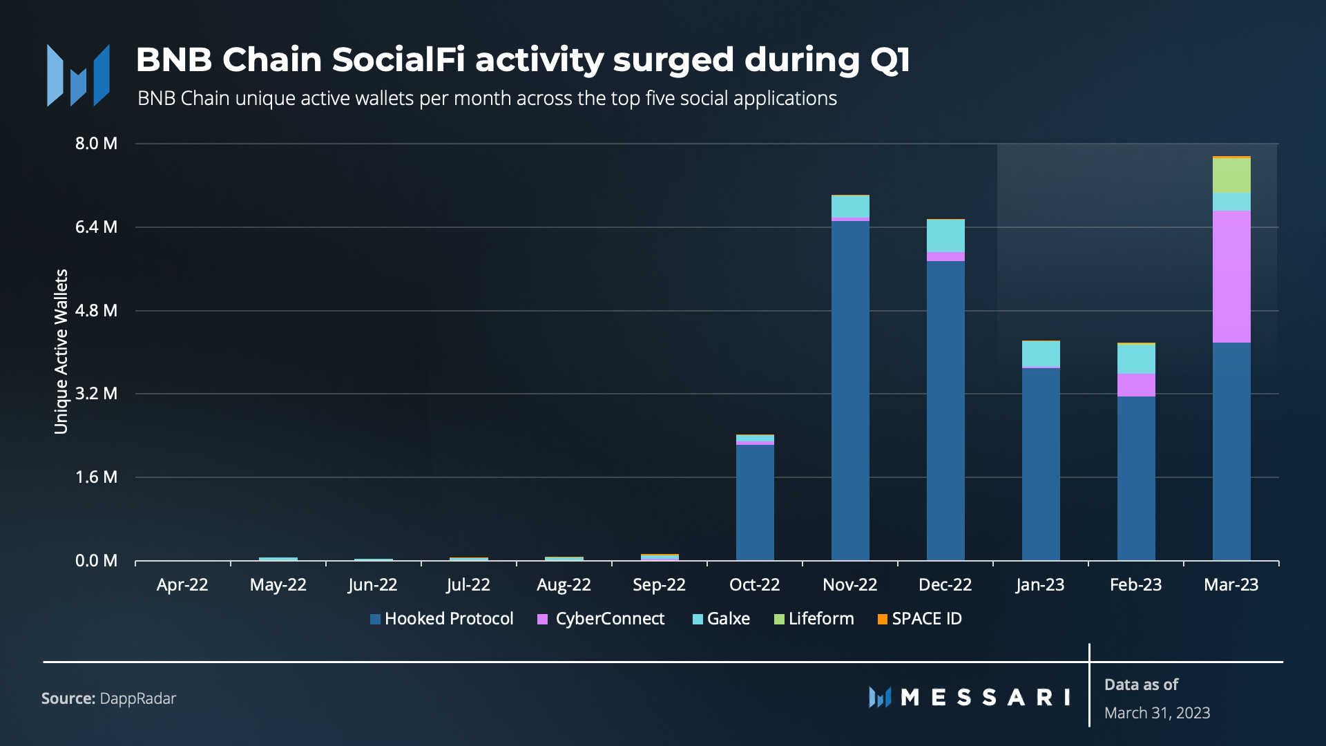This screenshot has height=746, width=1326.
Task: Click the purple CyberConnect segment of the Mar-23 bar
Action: (x=1231, y=276)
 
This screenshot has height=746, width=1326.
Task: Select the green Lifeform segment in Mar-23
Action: (x=1231, y=175)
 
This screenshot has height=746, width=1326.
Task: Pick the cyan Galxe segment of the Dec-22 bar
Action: (x=945, y=236)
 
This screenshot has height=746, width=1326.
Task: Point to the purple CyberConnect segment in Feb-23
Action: (x=1136, y=385)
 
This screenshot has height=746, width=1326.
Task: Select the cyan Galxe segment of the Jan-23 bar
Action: (x=1041, y=354)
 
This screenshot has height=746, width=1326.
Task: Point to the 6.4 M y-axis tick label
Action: (x=96, y=227)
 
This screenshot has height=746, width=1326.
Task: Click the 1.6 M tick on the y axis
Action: (x=96, y=477)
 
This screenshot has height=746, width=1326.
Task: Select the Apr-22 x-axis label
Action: (x=182, y=585)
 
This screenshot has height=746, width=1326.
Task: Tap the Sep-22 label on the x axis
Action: (x=659, y=585)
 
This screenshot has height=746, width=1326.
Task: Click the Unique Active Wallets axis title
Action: (x=61, y=352)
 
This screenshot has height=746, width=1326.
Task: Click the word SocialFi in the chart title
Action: (x=398, y=59)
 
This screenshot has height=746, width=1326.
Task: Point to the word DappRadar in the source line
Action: (x=138, y=698)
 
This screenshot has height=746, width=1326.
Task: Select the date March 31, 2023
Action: (x=1157, y=713)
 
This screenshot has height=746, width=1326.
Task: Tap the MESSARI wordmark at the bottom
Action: (x=970, y=698)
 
